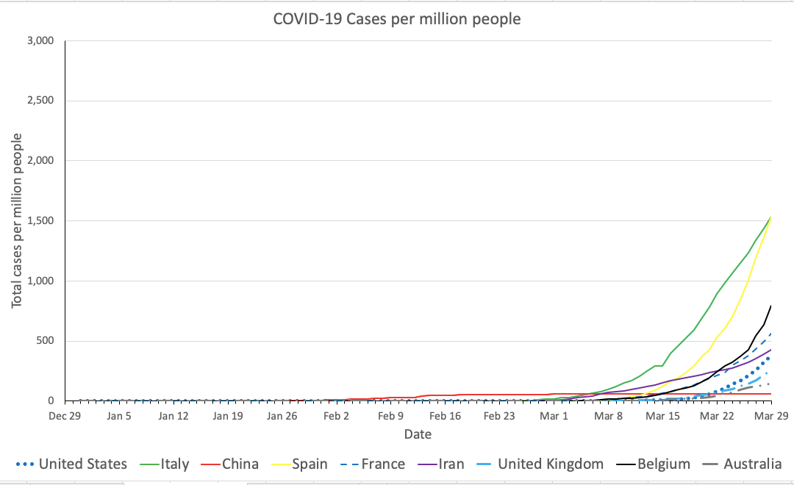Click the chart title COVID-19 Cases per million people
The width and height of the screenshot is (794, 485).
click(397, 19)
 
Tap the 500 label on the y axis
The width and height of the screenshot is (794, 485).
click(45, 341)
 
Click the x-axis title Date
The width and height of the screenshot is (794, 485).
click(418, 434)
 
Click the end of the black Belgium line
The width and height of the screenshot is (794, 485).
click(771, 305)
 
